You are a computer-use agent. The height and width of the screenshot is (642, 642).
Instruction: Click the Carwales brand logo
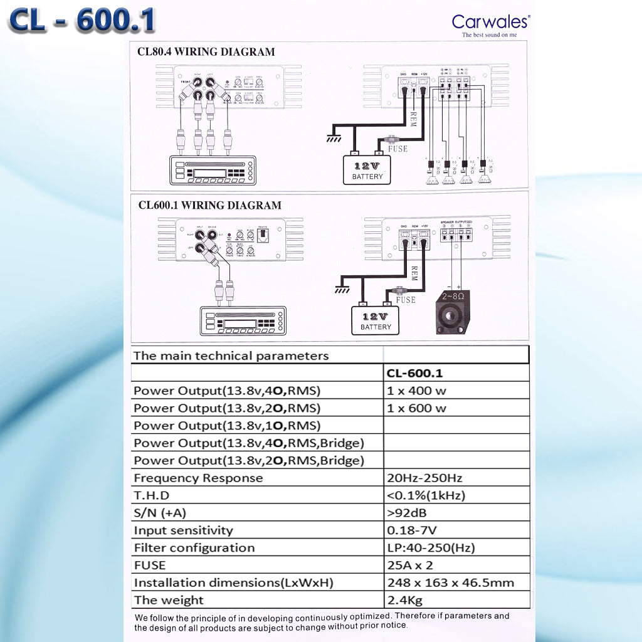[490, 23]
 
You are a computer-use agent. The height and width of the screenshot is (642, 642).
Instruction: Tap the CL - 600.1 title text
[82, 21]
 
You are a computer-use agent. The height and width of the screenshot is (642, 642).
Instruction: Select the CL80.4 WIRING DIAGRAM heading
[206, 52]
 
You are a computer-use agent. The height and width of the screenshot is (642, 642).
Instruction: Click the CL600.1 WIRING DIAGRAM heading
[209, 205]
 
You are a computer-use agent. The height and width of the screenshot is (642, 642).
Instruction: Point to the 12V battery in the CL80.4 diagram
[367, 169]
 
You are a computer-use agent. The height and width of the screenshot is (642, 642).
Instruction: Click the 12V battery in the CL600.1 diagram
[376, 319]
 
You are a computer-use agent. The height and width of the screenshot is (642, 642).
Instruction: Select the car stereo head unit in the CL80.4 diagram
[213, 169]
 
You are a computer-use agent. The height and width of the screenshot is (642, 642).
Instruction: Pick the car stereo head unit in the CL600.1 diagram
[243, 320]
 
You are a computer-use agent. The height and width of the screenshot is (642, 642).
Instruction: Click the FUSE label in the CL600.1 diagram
[406, 300]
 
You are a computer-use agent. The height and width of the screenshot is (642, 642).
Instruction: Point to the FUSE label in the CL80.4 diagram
[397, 149]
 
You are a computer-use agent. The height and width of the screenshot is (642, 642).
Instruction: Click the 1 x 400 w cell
[417, 391]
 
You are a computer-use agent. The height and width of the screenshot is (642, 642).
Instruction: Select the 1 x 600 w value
[417, 408]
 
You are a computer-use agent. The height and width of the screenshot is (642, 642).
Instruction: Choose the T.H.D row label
[152, 495]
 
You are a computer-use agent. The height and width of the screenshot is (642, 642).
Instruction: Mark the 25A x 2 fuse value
[410, 565]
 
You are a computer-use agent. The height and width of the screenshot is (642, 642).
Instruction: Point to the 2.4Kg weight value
[405, 600]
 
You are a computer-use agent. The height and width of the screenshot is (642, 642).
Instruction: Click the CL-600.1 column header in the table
[414, 373]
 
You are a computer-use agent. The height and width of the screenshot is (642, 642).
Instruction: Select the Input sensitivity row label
[183, 530]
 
